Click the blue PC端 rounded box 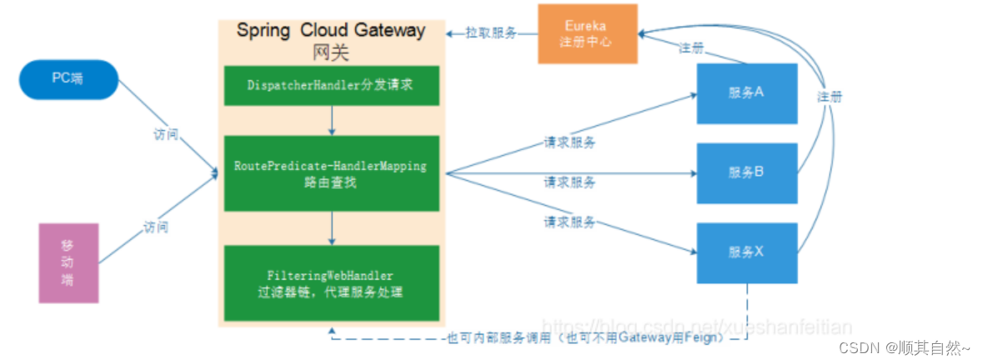click(69, 79)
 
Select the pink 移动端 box click(68, 262)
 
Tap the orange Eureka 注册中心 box click(587, 33)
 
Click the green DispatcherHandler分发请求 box click(331, 85)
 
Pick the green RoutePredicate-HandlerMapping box click(331, 173)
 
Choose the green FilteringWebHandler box click(331, 283)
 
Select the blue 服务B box click(746, 172)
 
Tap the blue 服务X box click(746, 251)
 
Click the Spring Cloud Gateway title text click(331, 31)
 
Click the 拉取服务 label click(492, 33)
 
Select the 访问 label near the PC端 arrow click(166, 134)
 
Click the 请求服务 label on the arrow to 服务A click(569, 142)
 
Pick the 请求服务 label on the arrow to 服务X click(569, 222)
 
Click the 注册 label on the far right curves click(830, 97)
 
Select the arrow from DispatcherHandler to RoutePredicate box click(332, 120)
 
